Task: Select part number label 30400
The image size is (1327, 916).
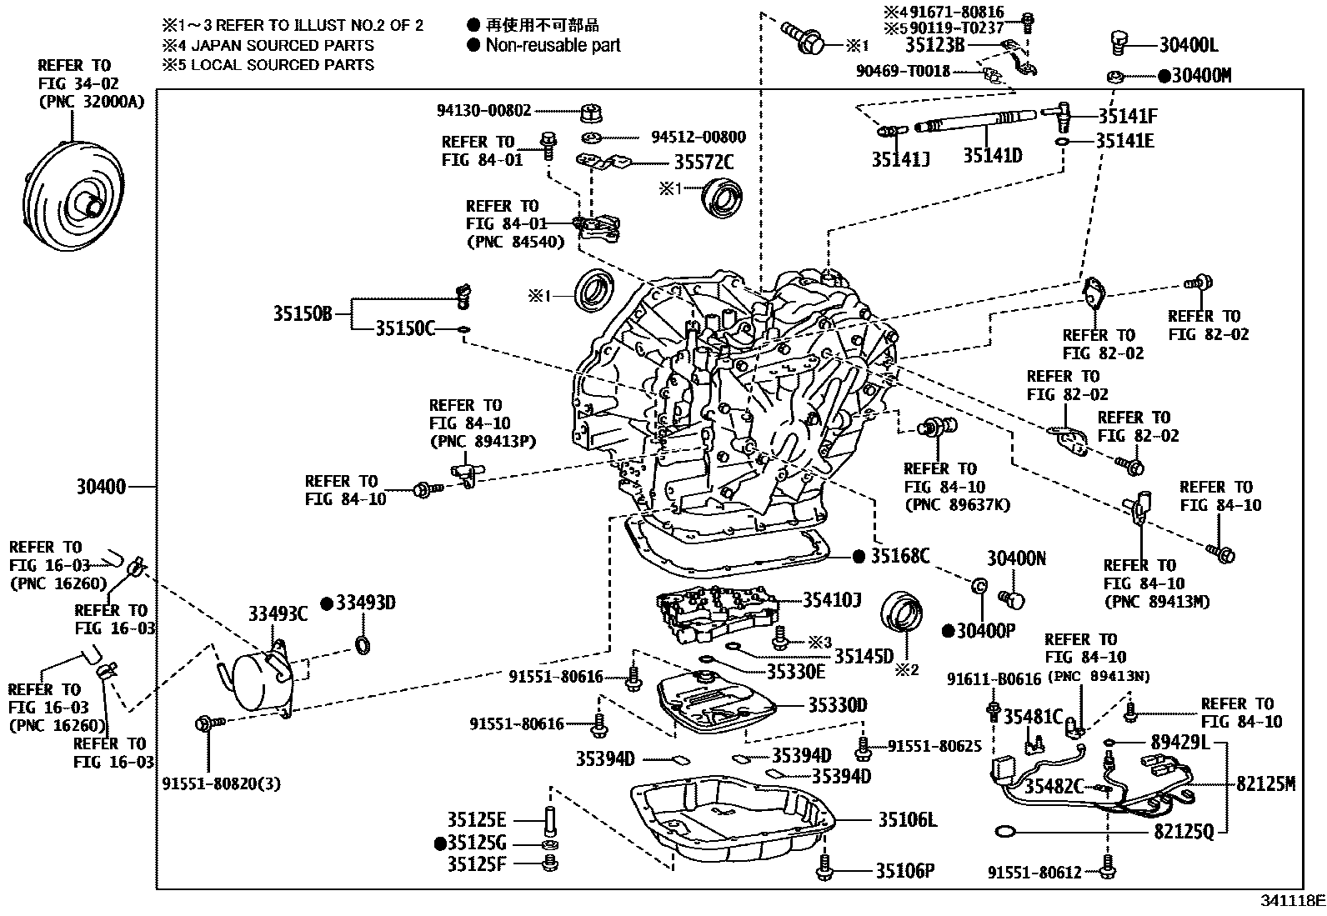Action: [101, 486]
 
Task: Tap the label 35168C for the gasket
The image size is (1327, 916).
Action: [899, 556]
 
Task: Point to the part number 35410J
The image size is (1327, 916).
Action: [831, 599]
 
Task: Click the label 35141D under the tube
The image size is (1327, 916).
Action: [992, 156]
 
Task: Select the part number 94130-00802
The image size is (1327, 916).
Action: [483, 110]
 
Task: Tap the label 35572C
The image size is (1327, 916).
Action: [704, 162]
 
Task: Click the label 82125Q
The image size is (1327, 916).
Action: [1184, 831]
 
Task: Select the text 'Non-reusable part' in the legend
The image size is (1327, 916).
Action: [553, 45]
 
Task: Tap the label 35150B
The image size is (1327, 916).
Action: [302, 313]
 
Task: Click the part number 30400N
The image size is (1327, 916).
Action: [1015, 559]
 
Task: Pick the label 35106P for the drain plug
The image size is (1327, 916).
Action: [904, 871]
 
